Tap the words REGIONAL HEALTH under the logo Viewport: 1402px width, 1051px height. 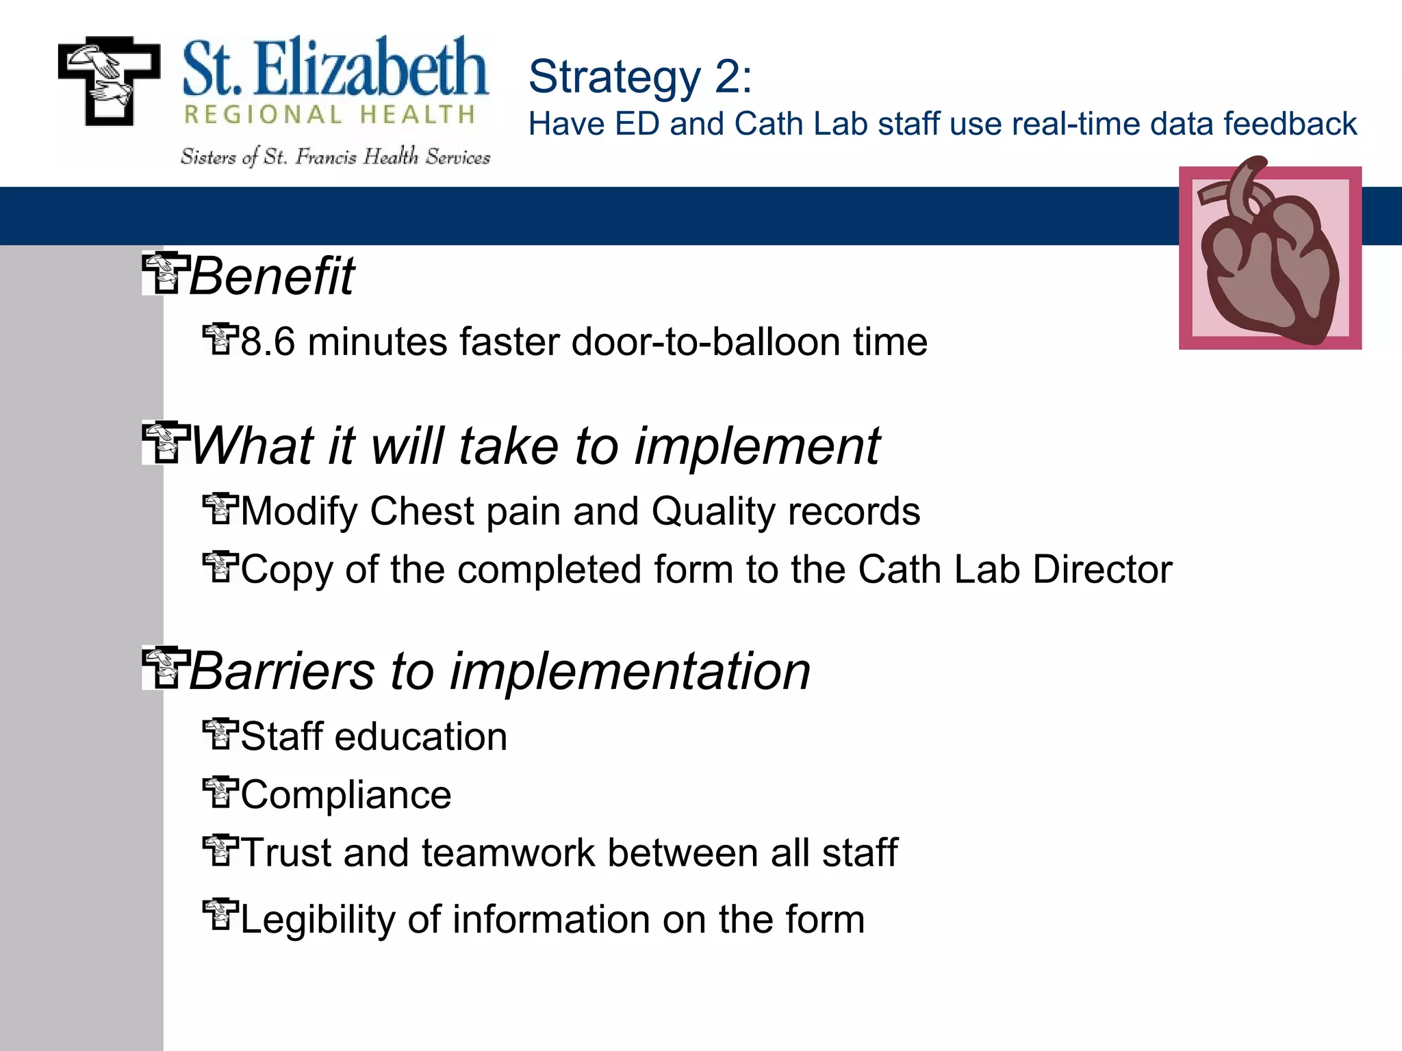coord(329,115)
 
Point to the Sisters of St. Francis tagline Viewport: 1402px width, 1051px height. coord(335,157)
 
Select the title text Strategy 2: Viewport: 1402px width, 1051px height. coord(639,77)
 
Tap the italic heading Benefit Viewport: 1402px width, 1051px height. coord(271,276)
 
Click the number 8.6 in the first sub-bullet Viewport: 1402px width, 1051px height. coord(268,342)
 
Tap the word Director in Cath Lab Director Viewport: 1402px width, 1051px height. coord(1102,569)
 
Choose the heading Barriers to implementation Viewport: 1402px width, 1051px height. coord(499,671)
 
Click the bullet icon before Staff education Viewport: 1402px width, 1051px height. coord(220,734)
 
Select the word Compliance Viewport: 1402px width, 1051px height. coord(346,795)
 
